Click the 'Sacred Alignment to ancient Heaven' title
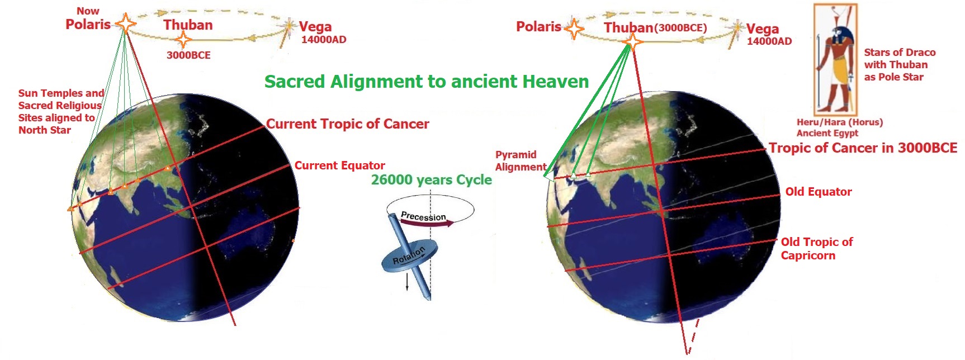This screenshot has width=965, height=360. click(426, 82)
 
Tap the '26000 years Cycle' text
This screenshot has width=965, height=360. click(431, 180)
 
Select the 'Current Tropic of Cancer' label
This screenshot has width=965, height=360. click(347, 124)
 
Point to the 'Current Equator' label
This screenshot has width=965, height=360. click(339, 165)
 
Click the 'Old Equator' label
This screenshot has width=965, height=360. click(818, 192)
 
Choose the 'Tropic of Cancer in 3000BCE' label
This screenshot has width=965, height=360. click(862, 148)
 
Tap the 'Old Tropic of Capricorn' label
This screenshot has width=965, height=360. click(816, 249)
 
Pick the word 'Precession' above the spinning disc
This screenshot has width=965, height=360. click(423, 216)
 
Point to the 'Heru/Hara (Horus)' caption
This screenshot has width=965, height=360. click(839, 122)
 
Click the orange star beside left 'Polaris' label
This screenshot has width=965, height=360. click(125, 24)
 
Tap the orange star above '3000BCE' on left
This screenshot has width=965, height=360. click(183, 39)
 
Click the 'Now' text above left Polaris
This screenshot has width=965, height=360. click(88, 11)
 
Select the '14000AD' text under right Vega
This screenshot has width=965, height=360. click(769, 41)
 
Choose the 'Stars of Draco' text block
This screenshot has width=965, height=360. click(899, 65)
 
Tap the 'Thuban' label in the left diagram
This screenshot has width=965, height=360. click(188, 25)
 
